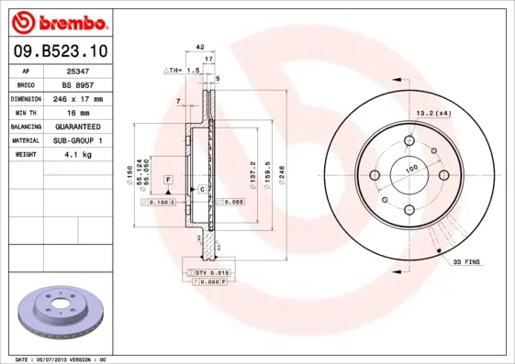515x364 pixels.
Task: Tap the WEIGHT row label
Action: [27, 155]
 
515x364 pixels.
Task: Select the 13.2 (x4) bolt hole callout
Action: [433, 112]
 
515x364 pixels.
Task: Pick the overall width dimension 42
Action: [199, 45]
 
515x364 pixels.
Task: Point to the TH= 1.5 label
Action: [184, 70]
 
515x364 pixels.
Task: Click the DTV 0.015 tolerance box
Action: [209, 273]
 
